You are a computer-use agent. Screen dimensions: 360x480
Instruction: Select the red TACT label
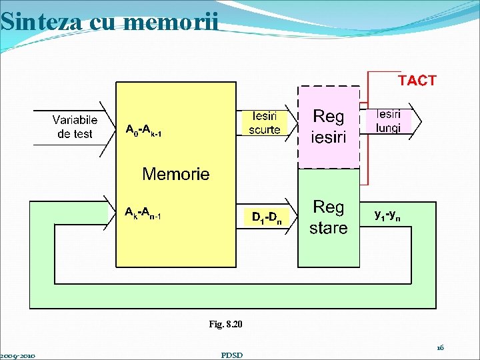(417, 81)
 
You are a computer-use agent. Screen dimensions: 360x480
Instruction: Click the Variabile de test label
(75, 127)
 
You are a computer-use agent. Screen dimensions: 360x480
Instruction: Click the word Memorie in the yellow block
(176, 175)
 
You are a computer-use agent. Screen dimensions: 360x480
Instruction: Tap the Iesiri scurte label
(264, 123)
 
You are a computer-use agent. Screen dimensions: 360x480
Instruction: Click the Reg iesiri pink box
(329, 127)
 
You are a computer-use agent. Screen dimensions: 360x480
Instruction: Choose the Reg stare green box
(329, 217)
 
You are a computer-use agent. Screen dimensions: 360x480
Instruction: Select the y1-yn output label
(388, 215)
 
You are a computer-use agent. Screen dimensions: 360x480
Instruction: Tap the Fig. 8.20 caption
(226, 324)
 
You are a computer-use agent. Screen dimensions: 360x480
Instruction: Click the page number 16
(440, 347)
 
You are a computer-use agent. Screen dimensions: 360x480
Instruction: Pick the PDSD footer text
(231, 355)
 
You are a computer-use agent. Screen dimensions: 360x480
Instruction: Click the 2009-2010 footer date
(18, 355)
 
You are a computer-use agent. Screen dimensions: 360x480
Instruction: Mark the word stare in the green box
(329, 228)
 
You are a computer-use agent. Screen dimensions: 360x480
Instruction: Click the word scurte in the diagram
(264, 129)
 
